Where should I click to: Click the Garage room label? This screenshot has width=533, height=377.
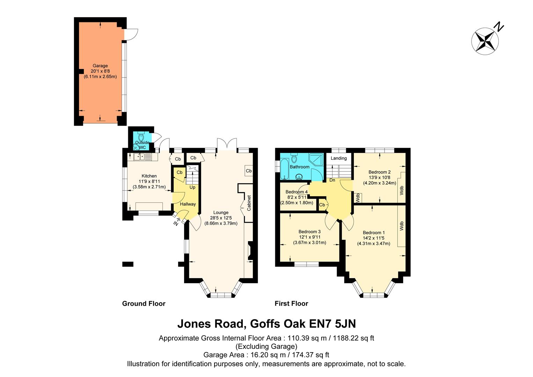click(100, 66)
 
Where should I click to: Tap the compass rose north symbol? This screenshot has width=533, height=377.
click(485, 40)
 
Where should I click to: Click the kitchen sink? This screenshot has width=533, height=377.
click(143, 157)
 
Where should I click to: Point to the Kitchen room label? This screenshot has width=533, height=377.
click(149, 176)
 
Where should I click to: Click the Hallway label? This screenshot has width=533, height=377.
click(188, 204)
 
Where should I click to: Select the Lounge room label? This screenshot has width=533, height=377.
click(221, 213)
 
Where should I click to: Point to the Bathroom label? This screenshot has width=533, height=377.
click(300, 167)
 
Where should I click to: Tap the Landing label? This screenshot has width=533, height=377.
click(339, 158)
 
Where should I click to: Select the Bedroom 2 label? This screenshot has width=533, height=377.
click(380, 172)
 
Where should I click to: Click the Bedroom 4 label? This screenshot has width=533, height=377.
click(297, 192)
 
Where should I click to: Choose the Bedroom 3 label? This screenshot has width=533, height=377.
click(309, 232)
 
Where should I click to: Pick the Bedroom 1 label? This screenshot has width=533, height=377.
click(374, 233)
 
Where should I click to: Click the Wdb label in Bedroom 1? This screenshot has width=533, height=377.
click(402, 226)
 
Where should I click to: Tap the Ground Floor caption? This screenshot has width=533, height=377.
click(144, 304)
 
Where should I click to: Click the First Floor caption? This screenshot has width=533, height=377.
click(291, 304)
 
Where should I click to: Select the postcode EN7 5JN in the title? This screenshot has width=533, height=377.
click(333, 324)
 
